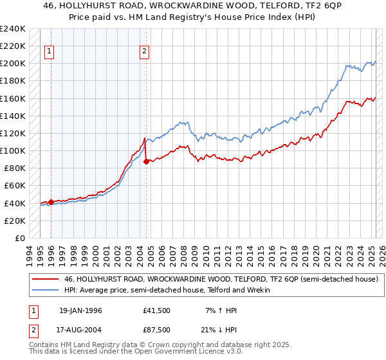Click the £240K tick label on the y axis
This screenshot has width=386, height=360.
(x=14, y=29)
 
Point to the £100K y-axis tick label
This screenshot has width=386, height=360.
(x=14, y=150)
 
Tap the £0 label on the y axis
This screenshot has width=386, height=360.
(x=21, y=238)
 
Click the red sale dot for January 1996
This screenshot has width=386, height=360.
(x=51, y=202)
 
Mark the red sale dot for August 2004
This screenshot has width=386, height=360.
(x=146, y=161)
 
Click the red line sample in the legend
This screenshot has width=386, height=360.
(x=45, y=280)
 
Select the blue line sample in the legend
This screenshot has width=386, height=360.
(x=45, y=291)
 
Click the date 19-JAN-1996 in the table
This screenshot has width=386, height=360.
(x=80, y=310)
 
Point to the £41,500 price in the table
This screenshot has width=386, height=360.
(x=157, y=310)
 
